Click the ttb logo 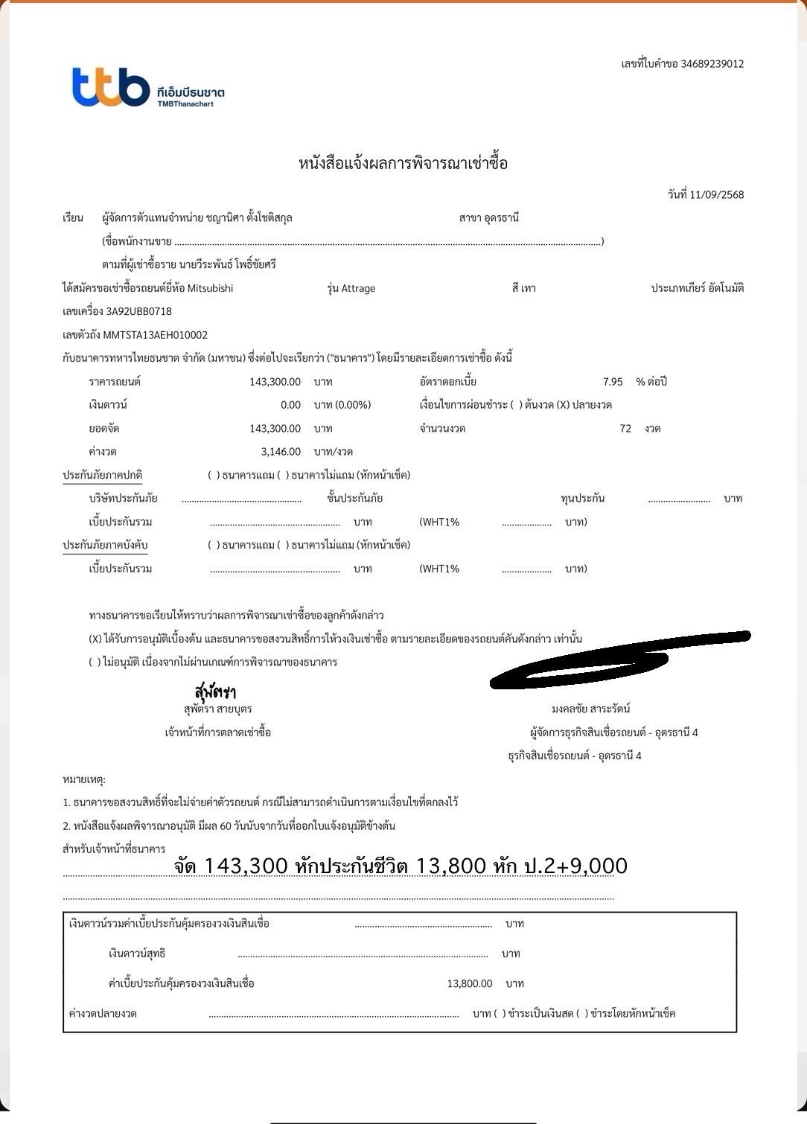(111, 87)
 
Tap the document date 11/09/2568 (716, 195)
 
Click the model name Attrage (358, 289)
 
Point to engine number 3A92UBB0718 (139, 311)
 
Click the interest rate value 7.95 (613, 382)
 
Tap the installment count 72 (625, 429)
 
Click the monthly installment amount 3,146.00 (281, 452)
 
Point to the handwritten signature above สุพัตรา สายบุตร (215, 691)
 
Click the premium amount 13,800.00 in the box (469, 984)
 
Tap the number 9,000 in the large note (595, 866)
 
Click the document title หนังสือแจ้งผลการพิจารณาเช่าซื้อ (403, 163)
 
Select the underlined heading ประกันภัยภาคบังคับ (105, 545)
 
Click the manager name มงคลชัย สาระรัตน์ (591, 709)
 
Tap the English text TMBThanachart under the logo (185, 104)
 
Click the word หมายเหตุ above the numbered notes (84, 779)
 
